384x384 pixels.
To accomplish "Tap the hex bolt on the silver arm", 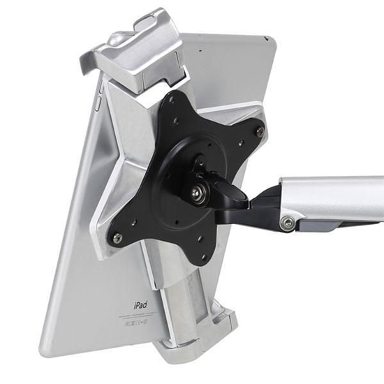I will click(x=286, y=223).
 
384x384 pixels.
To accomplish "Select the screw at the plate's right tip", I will click(x=260, y=131).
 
